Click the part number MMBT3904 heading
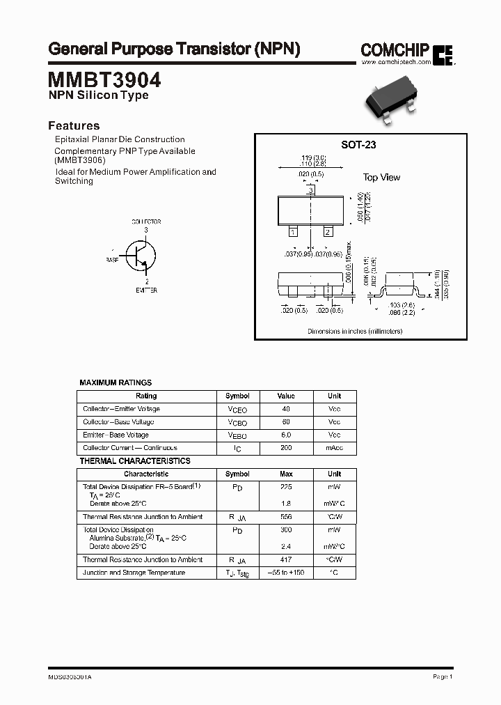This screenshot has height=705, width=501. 104,79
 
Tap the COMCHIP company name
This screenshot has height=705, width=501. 395,49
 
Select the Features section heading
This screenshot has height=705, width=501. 74,126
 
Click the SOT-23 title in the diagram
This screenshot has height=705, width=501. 358,145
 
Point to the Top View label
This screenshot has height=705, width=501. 381,178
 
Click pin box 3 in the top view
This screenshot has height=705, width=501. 311,189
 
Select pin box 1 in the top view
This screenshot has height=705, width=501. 293,231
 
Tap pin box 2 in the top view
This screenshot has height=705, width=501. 328,231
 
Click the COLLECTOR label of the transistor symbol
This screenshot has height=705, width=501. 146,222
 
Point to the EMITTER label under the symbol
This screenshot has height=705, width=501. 146,290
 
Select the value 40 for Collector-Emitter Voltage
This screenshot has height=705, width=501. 286,409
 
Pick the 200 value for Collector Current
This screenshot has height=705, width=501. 286,448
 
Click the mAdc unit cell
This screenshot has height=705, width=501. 334,448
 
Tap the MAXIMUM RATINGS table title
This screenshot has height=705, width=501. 116,382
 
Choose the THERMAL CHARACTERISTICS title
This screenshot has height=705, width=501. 135,461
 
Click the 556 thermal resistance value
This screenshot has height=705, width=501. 286,517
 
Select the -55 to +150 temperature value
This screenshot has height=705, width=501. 286,573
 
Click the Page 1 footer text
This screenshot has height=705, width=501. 443,676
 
